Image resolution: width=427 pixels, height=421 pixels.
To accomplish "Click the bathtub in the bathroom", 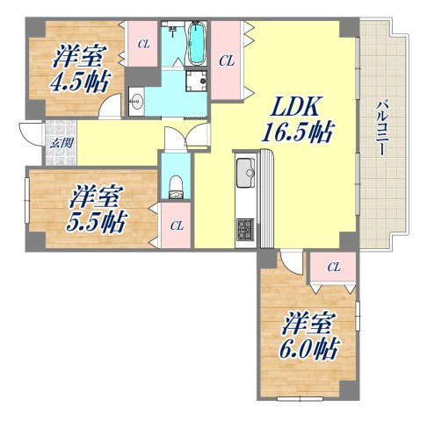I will click(199, 43).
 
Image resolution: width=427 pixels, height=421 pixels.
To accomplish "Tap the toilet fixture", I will click(174, 184).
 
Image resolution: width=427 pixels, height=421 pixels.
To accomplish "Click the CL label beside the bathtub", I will click(227, 61).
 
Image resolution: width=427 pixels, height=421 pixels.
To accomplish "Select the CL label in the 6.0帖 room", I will click(333, 267).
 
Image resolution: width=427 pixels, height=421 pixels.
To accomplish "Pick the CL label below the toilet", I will click(177, 225).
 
